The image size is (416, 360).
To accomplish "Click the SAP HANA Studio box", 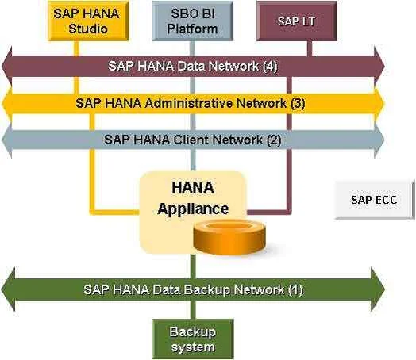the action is [88, 21].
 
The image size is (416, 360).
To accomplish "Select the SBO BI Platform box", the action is [193, 21].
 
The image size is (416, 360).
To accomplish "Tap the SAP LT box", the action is [297, 21].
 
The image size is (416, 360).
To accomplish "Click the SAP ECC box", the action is [375, 200].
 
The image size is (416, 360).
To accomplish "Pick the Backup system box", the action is [193, 339].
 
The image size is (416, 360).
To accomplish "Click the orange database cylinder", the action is [229, 237].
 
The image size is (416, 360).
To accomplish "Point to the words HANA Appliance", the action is [193, 198].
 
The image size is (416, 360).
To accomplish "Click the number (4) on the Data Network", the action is [270, 67].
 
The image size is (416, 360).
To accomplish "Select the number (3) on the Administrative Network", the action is [298, 103].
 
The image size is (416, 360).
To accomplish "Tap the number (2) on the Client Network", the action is [274, 140].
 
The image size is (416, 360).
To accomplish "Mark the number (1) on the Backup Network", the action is [295, 289].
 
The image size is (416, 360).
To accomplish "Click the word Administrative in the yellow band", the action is [189, 103].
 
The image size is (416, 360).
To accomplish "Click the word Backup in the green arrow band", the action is [206, 289].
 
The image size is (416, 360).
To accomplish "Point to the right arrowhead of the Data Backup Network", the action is [378, 289].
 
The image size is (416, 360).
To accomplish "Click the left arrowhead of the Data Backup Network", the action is [8, 289].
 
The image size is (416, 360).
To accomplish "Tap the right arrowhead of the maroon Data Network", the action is [379, 67].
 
